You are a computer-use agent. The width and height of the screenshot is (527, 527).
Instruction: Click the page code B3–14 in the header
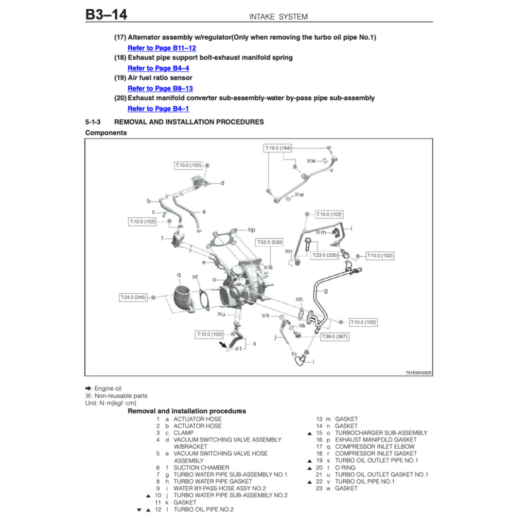(x=106, y=14)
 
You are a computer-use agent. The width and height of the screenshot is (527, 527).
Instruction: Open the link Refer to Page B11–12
(x=162, y=48)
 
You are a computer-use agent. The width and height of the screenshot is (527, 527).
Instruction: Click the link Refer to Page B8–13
(x=160, y=89)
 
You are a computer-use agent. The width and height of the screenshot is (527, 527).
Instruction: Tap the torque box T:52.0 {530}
(x=269, y=242)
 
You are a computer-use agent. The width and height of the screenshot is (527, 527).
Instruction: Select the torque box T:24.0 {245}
(x=133, y=297)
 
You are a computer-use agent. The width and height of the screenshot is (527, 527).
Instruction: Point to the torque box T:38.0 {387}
(x=335, y=336)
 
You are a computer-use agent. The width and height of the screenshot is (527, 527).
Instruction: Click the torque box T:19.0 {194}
(x=278, y=148)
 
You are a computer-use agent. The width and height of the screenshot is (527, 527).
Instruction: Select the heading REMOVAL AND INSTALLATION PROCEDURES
(x=189, y=122)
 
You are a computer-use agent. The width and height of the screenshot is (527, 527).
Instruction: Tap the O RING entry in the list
(x=345, y=467)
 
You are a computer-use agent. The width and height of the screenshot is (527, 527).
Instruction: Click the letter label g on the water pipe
(x=326, y=291)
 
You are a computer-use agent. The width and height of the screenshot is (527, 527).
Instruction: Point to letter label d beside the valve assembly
(x=222, y=183)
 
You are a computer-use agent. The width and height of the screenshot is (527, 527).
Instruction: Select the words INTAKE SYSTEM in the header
(x=278, y=16)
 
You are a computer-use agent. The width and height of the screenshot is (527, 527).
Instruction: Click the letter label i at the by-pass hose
(x=313, y=362)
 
